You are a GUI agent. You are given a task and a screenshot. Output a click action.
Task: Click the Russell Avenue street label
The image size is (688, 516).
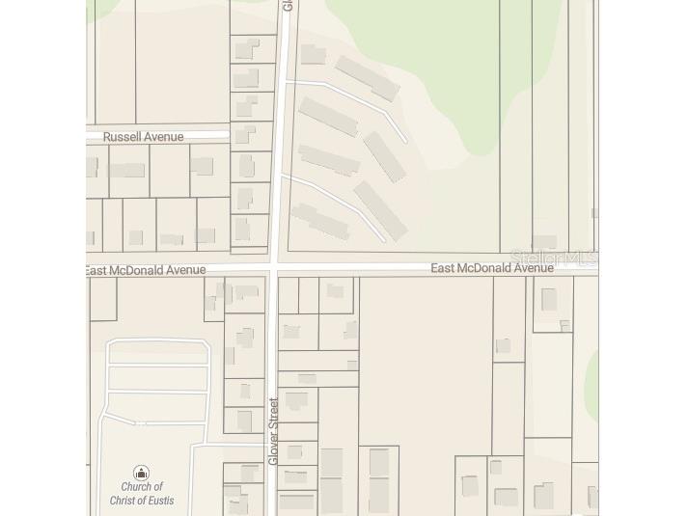tap(143, 137)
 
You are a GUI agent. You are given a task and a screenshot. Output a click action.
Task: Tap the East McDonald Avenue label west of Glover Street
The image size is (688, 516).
tap(145, 270)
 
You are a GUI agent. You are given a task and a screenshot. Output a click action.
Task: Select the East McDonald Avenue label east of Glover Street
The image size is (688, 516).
tap(492, 267)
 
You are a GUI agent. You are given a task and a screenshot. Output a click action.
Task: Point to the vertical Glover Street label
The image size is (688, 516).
tap(273, 431)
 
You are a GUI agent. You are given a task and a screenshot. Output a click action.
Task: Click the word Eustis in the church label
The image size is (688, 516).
tap(156, 501)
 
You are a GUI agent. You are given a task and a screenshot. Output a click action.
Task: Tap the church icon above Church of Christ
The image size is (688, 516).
tap(141, 473)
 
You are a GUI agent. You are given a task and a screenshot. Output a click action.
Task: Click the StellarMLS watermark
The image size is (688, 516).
tap(554, 258)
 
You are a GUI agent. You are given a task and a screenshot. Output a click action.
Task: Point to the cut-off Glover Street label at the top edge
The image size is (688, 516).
tap(287, 5)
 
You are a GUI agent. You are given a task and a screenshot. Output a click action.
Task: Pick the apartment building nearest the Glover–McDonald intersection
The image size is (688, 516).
tap(320, 221)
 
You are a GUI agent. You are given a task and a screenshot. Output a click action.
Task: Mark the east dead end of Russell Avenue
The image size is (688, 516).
tap(227, 134)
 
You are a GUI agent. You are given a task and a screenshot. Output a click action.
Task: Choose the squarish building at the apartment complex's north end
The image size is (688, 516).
tap(313, 54)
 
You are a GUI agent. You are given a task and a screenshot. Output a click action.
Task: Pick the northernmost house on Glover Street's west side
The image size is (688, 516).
tap(248, 49)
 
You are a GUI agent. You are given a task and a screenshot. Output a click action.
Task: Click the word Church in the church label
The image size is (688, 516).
tap(142, 487)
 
